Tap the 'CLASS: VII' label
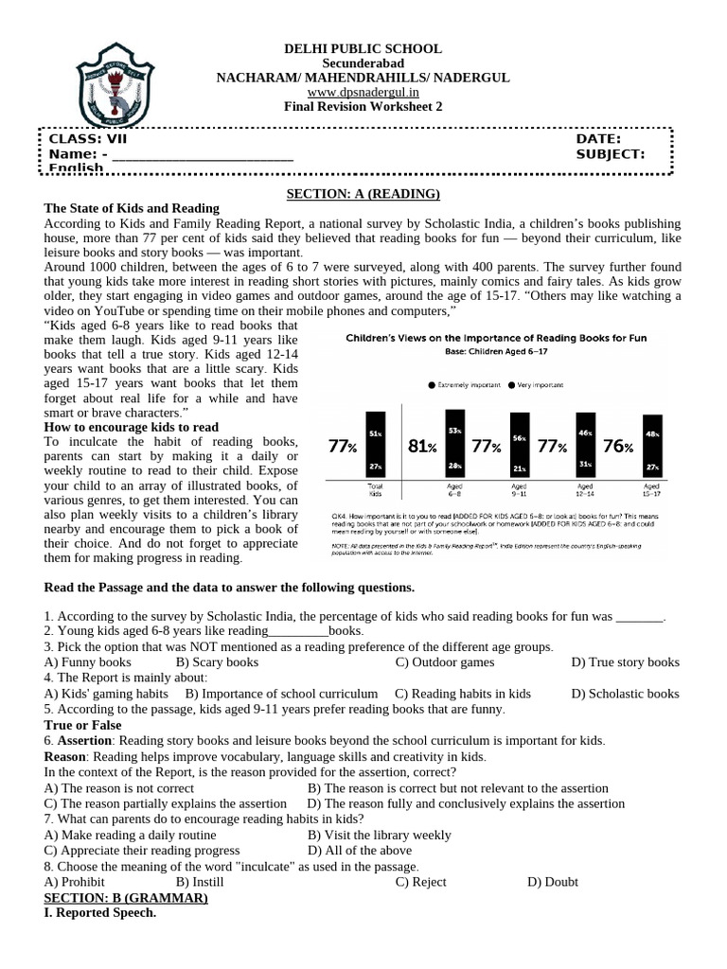click(87, 139)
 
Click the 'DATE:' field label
click(598, 139)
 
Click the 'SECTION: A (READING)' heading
click(363, 194)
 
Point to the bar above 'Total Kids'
click(375, 445)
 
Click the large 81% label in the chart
click(421, 447)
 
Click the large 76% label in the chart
click(616, 447)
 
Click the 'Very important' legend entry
click(538, 385)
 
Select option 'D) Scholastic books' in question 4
click(625, 694)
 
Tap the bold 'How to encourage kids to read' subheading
click(131, 428)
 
